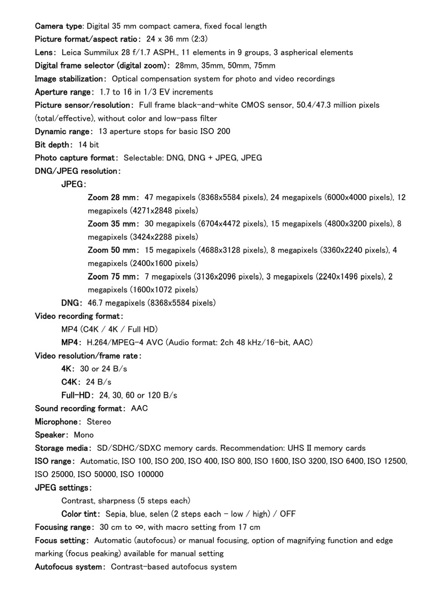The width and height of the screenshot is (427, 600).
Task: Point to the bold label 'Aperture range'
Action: tap(63, 92)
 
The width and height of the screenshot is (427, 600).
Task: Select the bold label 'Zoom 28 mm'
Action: tap(112, 197)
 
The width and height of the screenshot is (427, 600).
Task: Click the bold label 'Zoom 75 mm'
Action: tap(112, 277)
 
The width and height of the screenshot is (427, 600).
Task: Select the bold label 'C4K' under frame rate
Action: tap(70, 382)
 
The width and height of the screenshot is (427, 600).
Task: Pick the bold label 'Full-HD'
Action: tap(77, 395)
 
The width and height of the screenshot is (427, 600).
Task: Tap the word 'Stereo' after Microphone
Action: tap(99, 421)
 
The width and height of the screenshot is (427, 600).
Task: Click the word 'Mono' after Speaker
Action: tap(84, 435)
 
